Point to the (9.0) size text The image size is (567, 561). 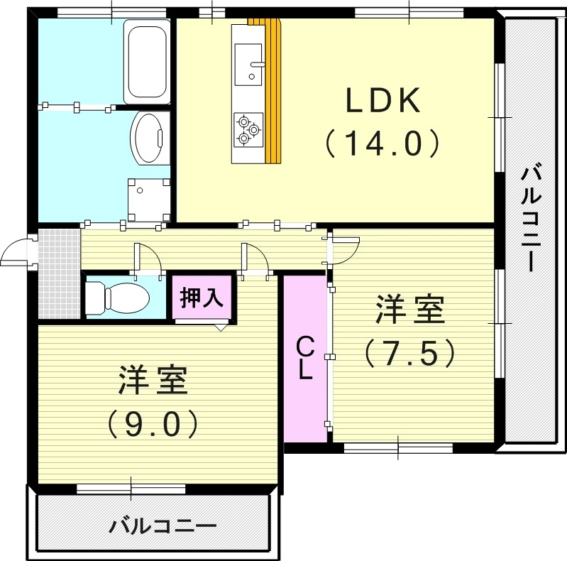[153, 424]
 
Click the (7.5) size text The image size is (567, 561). [409, 353]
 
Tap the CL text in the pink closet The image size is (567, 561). [304, 359]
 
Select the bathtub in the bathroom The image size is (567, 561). [147, 62]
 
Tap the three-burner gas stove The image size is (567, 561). [248, 129]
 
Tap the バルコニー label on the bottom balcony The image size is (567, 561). [163, 526]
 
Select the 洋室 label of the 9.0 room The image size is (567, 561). [153, 382]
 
